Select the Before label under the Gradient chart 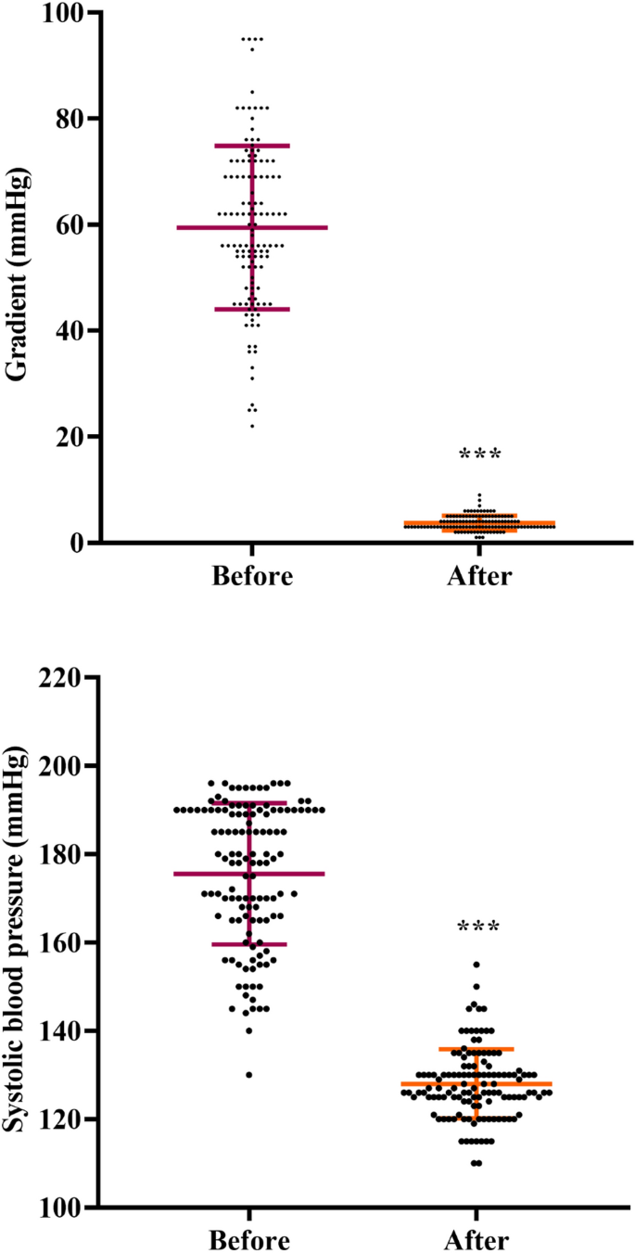tap(252, 576)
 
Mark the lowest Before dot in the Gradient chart tap(252, 426)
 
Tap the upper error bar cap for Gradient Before tap(252, 146)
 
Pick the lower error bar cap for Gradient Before tap(252, 309)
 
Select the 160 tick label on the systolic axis tap(58, 942)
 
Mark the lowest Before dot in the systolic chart tap(249, 1075)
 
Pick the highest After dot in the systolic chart tap(476, 965)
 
